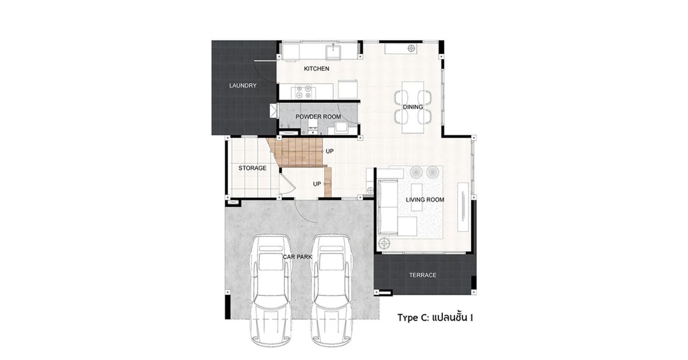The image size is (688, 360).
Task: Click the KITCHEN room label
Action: click(x=316, y=68)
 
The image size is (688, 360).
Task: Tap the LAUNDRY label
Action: click(x=243, y=85)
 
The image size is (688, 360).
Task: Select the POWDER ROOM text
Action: click(x=318, y=117)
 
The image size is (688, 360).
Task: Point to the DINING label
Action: click(x=413, y=107)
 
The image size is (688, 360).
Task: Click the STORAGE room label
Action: click(x=252, y=168)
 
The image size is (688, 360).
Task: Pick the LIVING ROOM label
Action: click(x=425, y=199)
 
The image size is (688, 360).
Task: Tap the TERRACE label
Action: click(x=422, y=275)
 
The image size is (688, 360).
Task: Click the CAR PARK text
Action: click(x=297, y=257)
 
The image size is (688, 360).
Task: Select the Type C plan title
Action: click(x=435, y=317)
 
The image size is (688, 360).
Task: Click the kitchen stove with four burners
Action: click(x=303, y=92)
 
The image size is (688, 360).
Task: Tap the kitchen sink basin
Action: click(x=333, y=52)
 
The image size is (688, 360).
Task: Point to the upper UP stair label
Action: click(x=330, y=151)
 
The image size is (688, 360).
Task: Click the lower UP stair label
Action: click(x=317, y=184)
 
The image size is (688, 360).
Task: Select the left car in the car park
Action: click(x=271, y=290)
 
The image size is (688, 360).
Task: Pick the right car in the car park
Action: click(x=331, y=290)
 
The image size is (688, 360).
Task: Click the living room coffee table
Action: click(x=417, y=197)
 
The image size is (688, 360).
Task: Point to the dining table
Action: click(x=413, y=107)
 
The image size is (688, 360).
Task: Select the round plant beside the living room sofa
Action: click(x=384, y=244)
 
